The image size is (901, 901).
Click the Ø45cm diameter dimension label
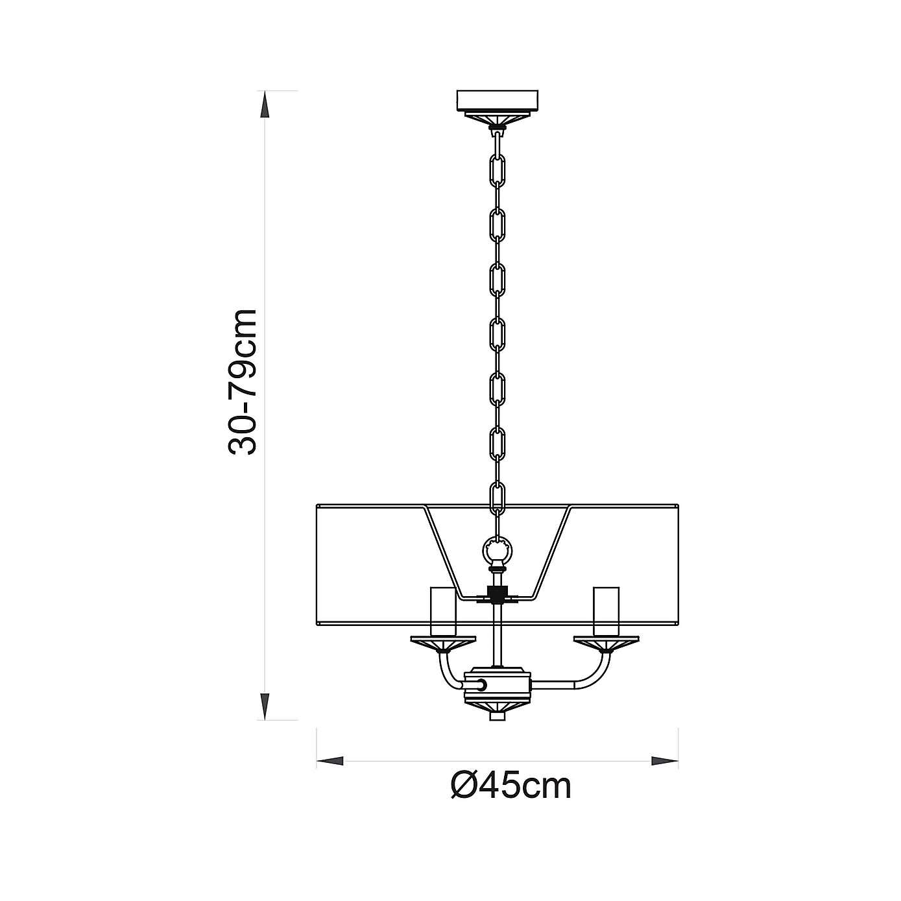point(511,786)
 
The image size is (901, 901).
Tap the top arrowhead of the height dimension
point(265,104)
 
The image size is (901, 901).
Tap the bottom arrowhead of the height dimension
point(265,705)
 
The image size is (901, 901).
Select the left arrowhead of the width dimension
point(330,760)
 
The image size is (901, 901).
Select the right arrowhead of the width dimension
point(664,760)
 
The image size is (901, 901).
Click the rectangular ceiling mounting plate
point(498,101)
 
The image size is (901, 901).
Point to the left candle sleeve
point(444,611)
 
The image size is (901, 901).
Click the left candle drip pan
point(444,643)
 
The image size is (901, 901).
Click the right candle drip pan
point(606,643)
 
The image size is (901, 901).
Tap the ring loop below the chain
point(498,551)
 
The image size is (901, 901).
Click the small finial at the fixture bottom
point(498,717)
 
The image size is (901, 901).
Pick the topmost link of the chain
point(498,139)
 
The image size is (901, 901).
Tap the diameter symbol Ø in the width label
point(465,786)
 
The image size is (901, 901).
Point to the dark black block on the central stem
point(498,594)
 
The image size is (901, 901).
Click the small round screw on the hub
point(482,684)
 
